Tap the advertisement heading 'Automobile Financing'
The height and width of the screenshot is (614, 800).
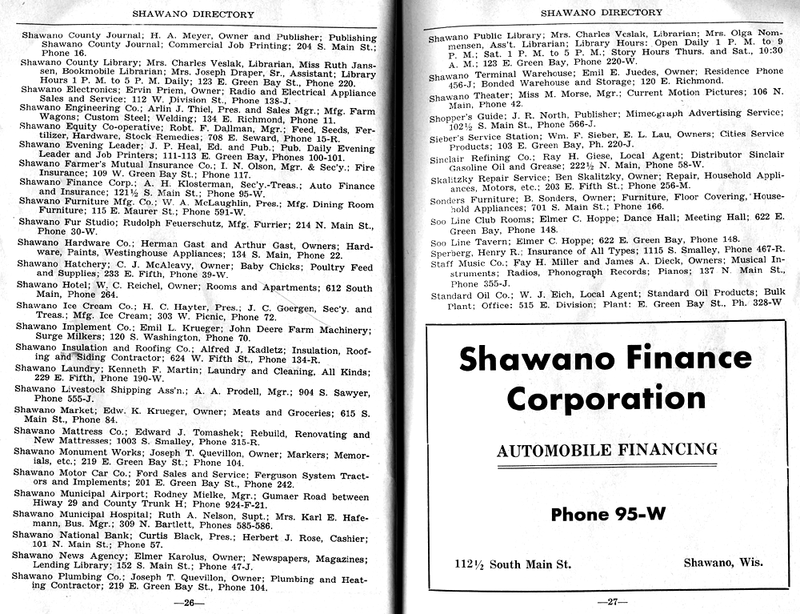tap(606, 450)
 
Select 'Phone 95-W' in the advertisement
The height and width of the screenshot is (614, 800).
tap(608, 514)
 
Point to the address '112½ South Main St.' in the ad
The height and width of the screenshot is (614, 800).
tap(507, 564)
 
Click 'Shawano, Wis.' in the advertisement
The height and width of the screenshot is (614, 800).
tap(722, 563)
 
